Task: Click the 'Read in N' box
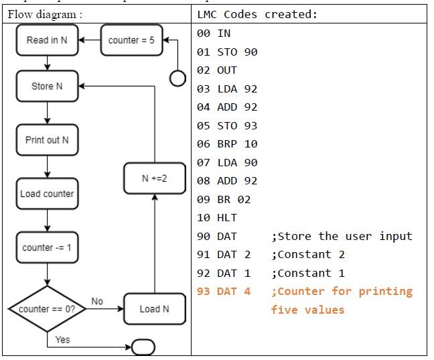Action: coord(47,40)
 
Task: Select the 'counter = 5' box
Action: coord(131,40)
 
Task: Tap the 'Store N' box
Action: coord(47,86)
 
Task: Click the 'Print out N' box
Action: coord(47,140)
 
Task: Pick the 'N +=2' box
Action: coord(155,178)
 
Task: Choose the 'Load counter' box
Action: coord(47,194)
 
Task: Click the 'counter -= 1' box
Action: coord(47,247)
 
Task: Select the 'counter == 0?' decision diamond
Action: coord(47,309)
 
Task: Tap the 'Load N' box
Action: coord(155,309)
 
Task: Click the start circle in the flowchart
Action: coord(177,78)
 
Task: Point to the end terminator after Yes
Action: coord(144,347)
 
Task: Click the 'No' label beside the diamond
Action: coord(97,302)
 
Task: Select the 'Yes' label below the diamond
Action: coord(62,340)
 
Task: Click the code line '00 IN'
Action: coord(214,34)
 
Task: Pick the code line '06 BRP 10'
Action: coord(228,144)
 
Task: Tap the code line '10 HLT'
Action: coord(218,218)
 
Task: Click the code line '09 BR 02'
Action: coord(225,199)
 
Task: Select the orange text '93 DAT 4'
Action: coord(224,292)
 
